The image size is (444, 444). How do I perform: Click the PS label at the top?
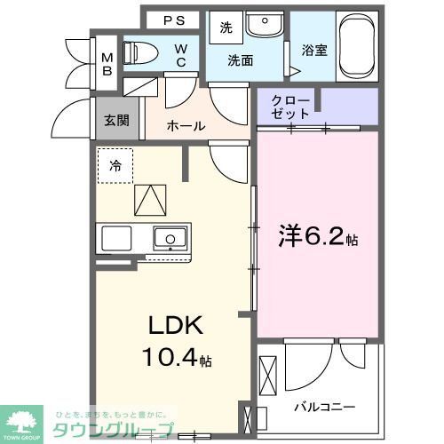[173, 20]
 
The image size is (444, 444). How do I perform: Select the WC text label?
[180, 55]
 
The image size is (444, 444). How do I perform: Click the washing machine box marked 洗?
[226, 28]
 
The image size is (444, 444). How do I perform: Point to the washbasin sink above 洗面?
[262, 24]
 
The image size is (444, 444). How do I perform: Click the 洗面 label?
[240, 61]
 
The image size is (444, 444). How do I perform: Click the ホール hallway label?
[186, 126]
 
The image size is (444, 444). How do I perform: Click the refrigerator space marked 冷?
[115, 165]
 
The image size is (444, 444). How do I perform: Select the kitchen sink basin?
[169, 237]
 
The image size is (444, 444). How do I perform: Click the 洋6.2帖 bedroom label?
[319, 237]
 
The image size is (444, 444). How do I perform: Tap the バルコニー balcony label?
[325, 407]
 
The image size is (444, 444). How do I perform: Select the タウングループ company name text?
[114, 430]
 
